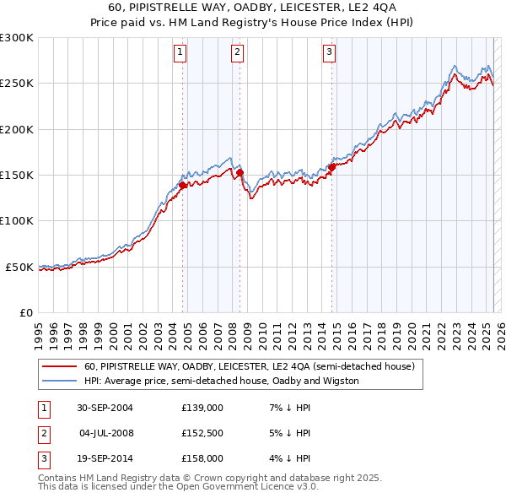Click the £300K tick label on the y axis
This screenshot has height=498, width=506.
click(17, 38)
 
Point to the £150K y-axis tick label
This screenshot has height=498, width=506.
click(17, 176)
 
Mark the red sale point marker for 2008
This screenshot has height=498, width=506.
click(240, 172)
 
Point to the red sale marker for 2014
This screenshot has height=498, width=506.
click(331, 167)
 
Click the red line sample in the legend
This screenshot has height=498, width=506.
click(58, 367)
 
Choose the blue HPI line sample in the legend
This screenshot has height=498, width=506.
click(58, 381)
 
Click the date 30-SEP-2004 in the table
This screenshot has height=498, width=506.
click(105, 408)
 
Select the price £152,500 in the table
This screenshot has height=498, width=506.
click(202, 433)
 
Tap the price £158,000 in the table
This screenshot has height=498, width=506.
click(202, 458)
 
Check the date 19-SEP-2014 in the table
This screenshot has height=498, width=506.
click(105, 458)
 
